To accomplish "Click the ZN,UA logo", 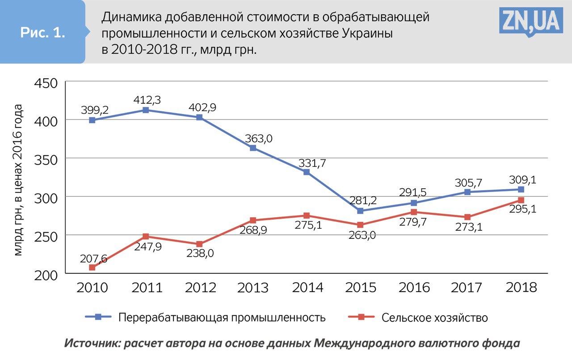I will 530,21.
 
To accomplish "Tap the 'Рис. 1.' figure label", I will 43,33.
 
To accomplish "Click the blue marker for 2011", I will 146,110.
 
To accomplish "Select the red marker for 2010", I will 92,267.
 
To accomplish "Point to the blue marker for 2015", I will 360,211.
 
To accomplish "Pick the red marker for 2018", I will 521,200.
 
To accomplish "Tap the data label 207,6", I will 93,258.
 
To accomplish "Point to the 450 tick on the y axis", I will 46,83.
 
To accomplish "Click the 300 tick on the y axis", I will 46,197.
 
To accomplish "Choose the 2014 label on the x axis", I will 307,287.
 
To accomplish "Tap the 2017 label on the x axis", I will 467,287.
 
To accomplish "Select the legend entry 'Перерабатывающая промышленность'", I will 222,318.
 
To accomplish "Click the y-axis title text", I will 18,179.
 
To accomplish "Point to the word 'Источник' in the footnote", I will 92,343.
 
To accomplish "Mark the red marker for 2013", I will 253,220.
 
